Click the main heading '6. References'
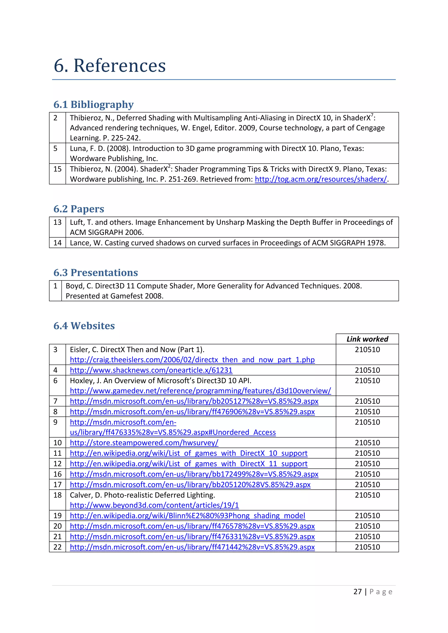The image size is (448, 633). [x=110, y=66]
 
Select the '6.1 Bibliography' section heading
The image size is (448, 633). [x=94, y=104]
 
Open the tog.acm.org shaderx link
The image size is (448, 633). [x=320, y=179]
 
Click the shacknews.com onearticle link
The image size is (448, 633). [x=151, y=370]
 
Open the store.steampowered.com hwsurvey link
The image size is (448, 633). [x=144, y=443]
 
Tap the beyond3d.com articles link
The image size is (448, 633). [x=154, y=505]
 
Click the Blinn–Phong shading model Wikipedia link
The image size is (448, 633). [x=187, y=516]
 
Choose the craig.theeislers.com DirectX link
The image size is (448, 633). [x=192, y=360]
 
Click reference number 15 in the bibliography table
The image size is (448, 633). [x=57, y=169]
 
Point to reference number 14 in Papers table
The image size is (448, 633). [x=57, y=243]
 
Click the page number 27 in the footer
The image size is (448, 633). [x=357, y=592]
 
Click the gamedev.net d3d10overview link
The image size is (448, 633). [x=200, y=391]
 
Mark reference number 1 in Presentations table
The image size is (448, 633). [x=55, y=286]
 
